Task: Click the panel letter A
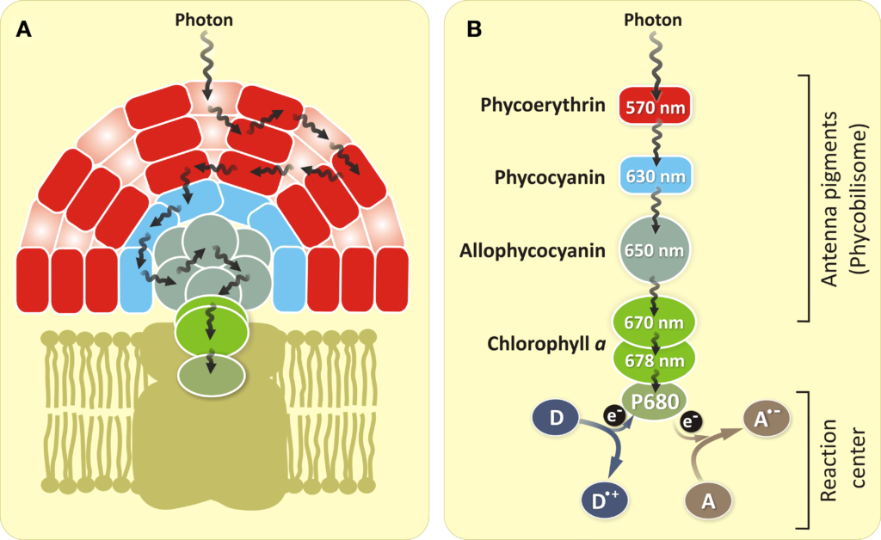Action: pos(25,29)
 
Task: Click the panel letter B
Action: pos(473,29)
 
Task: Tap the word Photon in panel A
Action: pos(203,19)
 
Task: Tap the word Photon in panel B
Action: pos(656,19)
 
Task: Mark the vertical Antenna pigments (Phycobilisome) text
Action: pos(842,198)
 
